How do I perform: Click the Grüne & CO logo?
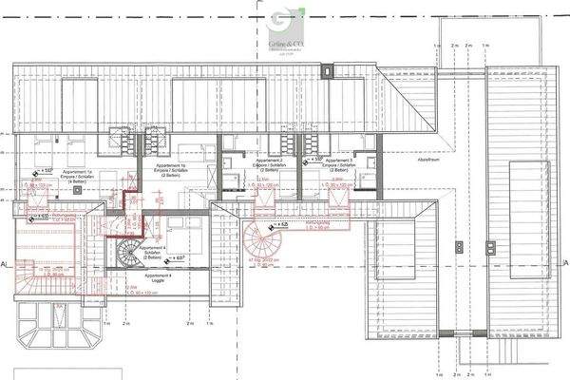click(284, 28)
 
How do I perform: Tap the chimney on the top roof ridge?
click(328, 69)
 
